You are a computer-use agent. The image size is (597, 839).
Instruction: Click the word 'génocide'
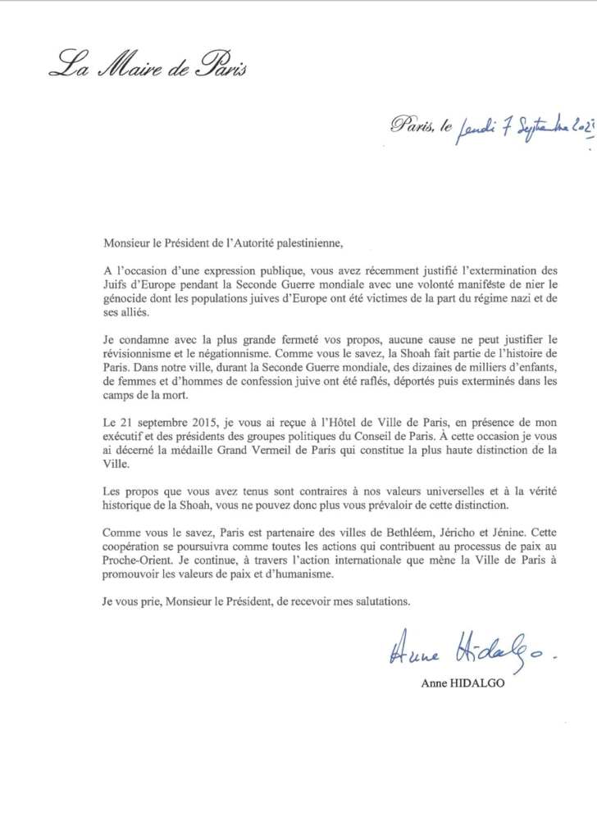[x=126, y=300]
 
